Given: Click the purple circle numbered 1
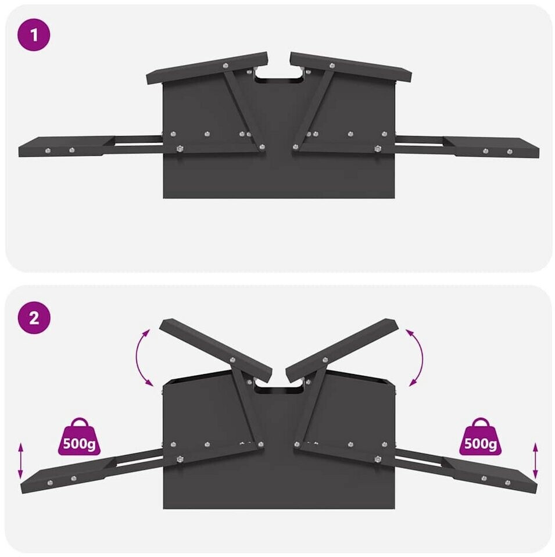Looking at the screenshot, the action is coord(34,35).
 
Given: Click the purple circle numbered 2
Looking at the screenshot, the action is coord(34,318).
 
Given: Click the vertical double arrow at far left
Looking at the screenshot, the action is coord(20,461).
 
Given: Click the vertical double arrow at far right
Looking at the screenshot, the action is coord(535,461).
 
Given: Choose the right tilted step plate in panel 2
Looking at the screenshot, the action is coord(489,475).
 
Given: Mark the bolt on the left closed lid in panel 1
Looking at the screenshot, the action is coord(225,66).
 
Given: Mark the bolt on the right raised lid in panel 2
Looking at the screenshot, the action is coord(325,360).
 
